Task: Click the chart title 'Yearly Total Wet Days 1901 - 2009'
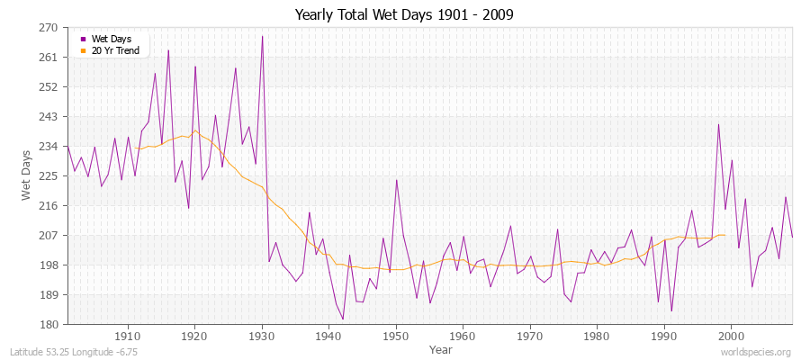point(404,15)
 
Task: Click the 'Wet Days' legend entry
point(112,39)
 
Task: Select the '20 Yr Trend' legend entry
point(115,50)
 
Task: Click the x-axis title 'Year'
point(441,348)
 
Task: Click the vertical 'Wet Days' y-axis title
point(27,175)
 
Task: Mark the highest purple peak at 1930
point(262,36)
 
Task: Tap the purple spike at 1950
point(396,179)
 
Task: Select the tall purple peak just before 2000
point(718,124)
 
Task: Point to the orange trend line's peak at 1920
point(194,130)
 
